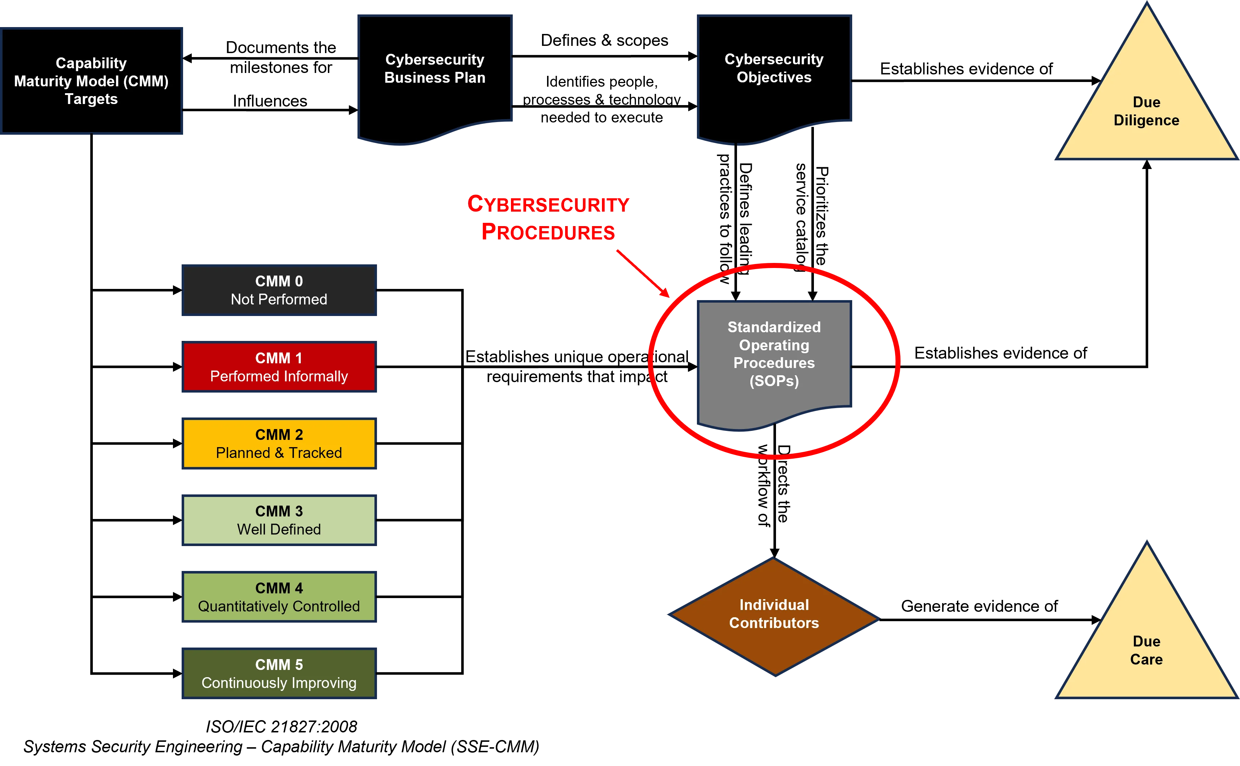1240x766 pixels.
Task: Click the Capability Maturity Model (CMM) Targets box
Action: pyautogui.click(x=92, y=81)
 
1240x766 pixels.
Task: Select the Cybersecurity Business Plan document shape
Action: pyautogui.click(x=435, y=76)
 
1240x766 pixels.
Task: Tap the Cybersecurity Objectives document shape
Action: pyautogui.click(x=774, y=76)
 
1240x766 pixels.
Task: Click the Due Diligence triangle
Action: pyautogui.click(x=1146, y=112)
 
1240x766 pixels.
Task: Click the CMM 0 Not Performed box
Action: pyautogui.click(x=279, y=290)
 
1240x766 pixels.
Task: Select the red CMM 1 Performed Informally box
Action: pyautogui.click(x=279, y=367)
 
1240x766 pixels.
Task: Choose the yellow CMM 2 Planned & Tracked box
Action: pyautogui.click(x=279, y=444)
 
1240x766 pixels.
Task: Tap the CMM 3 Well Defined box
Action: pyautogui.click(x=279, y=520)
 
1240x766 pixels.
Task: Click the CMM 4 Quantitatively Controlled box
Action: pyautogui.click(x=279, y=597)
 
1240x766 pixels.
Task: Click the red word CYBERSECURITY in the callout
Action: pyautogui.click(x=548, y=204)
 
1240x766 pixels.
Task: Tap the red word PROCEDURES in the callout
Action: pyautogui.click(x=548, y=232)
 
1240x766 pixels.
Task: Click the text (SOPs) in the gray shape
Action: pyautogui.click(x=774, y=381)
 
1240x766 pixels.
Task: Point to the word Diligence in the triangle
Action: pyautogui.click(x=1146, y=121)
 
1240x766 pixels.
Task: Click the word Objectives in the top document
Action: pyautogui.click(x=774, y=78)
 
